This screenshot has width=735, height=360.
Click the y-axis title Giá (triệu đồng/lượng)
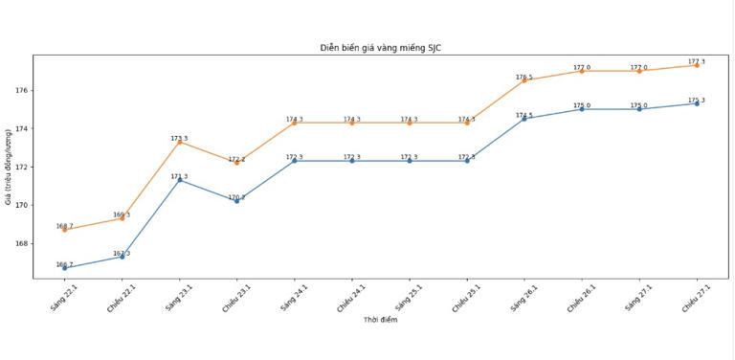pos(9,167)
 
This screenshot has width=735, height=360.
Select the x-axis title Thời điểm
pos(380,320)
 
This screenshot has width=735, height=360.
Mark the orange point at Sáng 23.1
pos(179,142)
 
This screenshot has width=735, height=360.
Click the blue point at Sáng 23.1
pos(179,180)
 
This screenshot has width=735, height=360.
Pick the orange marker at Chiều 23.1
pos(236,163)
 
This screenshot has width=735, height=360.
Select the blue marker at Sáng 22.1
pos(64,268)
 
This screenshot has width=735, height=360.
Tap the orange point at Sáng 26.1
pos(524,80)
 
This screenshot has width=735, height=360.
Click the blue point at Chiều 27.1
pos(697,103)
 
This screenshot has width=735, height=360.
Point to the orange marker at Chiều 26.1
pos(582,71)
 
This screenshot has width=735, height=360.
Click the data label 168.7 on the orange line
pos(64,226)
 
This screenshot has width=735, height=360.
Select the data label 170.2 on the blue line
pos(236,197)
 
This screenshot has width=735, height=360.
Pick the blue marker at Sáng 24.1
pos(294,161)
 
